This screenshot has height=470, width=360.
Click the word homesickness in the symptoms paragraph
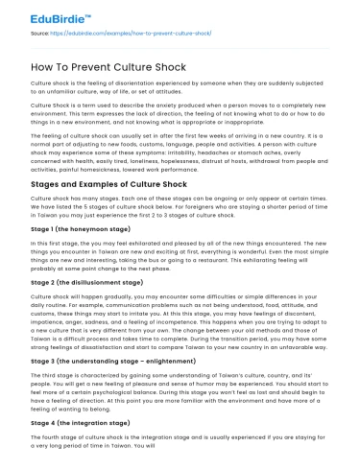(112, 168)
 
